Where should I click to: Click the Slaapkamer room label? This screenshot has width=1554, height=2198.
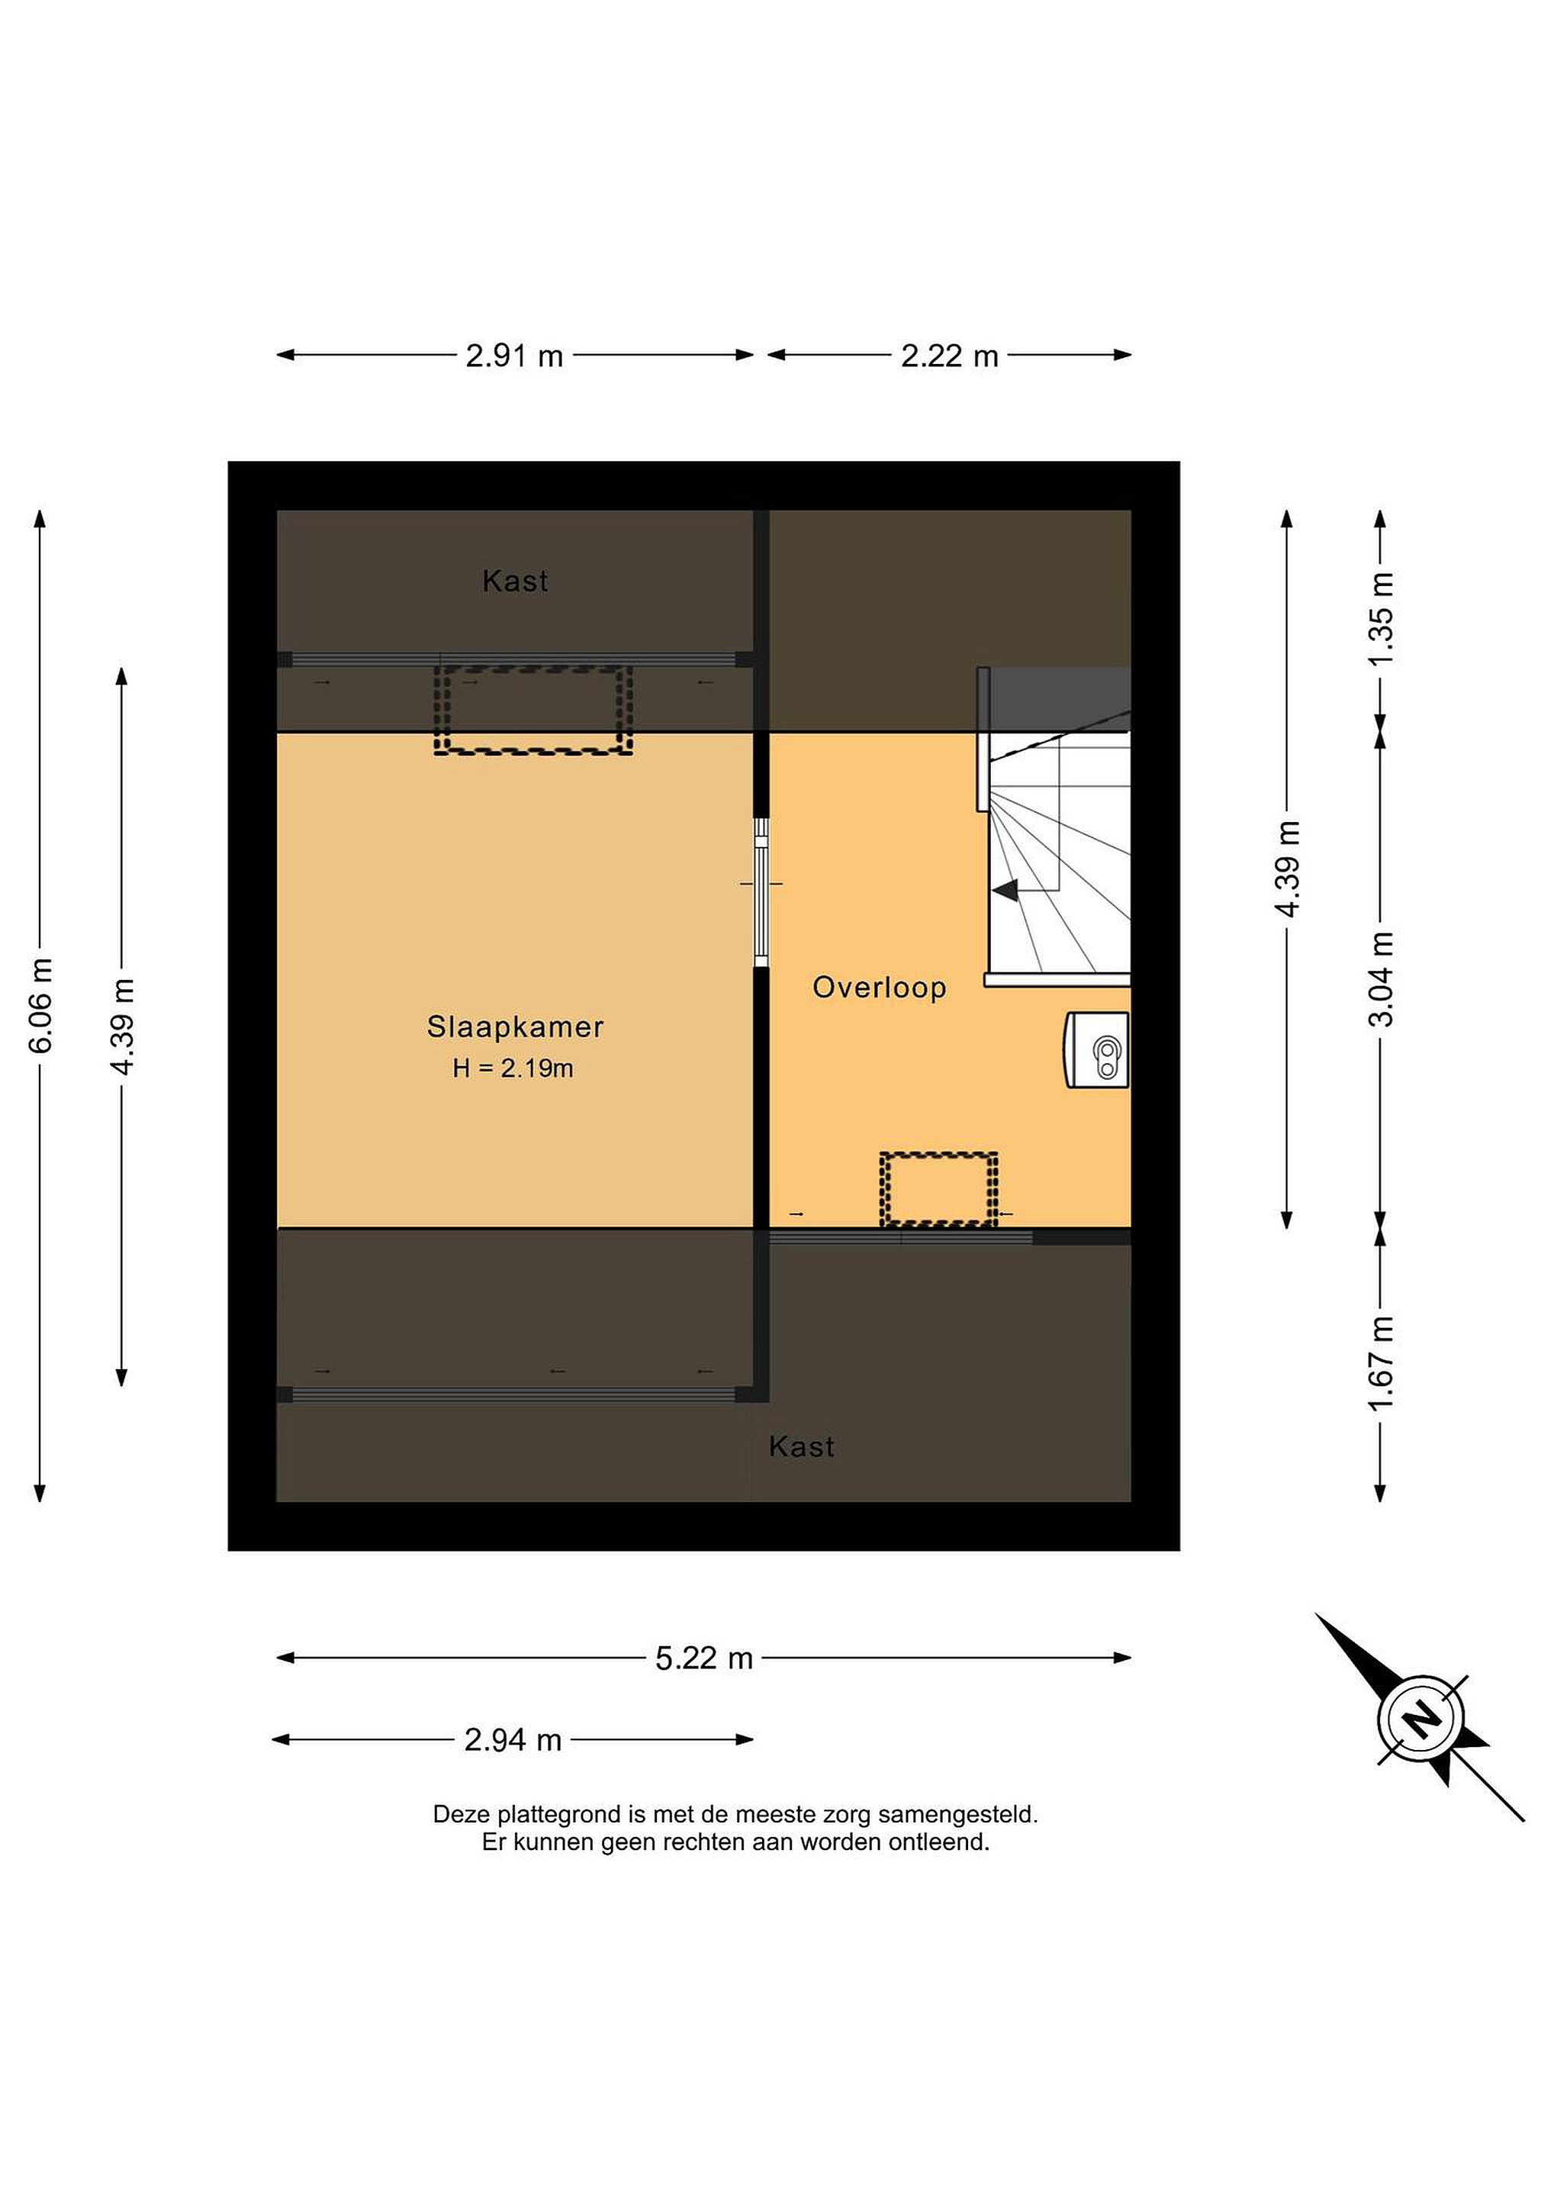pos(515,1027)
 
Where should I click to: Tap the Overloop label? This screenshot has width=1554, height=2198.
pos(880,987)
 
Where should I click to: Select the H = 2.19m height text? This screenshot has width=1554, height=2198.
pos(513,1068)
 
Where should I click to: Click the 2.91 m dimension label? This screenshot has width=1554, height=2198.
pos(514,356)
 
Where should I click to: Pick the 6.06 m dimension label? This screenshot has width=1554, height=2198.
pos(41,1005)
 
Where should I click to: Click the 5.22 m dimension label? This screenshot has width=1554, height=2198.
pos(704,1658)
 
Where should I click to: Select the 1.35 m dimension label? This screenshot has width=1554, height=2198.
pos(1380,618)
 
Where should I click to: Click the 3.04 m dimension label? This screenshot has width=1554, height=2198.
pos(1380,978)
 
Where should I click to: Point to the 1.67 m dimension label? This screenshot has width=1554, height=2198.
pos(1380,1363)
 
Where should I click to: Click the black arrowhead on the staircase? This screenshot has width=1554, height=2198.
pos(1005,891)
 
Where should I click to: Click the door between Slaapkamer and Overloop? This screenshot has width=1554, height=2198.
pos(761,892)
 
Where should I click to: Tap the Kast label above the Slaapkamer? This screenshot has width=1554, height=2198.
pos(515,581)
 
